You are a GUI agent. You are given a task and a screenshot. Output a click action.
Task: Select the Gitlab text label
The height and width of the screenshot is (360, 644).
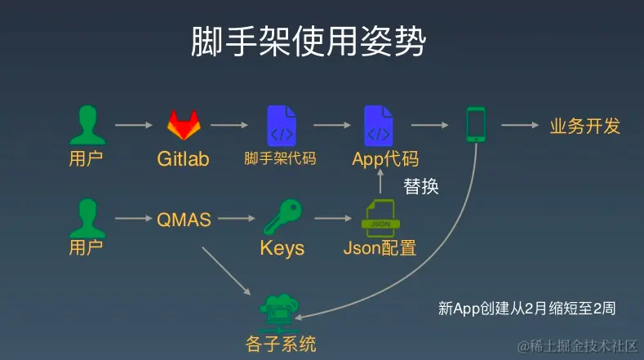point(183,158)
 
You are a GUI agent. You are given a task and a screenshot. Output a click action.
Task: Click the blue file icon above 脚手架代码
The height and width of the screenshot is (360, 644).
point(281,125)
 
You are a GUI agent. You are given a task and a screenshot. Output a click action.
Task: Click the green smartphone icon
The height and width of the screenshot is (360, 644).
point(475,125)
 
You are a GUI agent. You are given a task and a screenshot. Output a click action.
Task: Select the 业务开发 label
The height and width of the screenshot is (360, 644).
point(584,127)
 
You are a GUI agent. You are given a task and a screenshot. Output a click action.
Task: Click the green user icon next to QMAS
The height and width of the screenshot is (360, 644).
point(87,217)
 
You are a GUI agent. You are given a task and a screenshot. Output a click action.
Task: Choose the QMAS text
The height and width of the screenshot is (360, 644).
point(184,220)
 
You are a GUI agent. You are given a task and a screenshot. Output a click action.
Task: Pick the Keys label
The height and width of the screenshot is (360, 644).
point(282,248)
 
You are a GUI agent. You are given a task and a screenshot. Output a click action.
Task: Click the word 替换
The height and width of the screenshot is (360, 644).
point(421,187)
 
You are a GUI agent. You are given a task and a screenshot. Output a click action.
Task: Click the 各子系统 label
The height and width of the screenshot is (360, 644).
point(280,343)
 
